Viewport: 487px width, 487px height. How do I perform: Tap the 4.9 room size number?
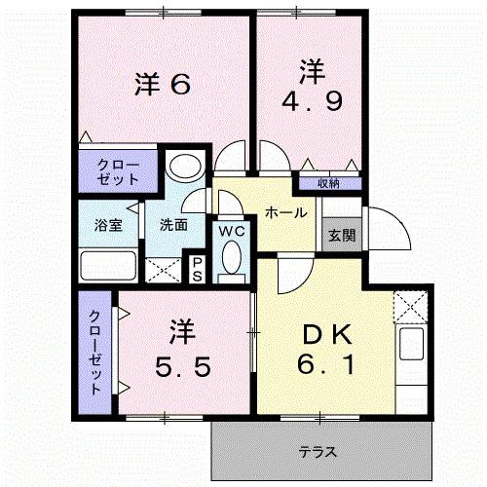tap(311, 101)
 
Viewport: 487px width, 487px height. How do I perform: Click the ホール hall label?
tap(286, 212)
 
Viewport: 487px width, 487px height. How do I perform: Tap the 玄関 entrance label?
tap(341, 235)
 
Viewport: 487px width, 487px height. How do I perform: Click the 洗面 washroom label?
tap(174, 224)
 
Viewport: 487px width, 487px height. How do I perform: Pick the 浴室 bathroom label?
tap(108, 224)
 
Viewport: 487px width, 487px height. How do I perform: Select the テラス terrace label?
tap(318, 451)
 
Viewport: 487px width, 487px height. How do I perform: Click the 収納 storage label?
tap(328, 183)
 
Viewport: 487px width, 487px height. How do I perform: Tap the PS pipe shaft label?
tap(197, 267)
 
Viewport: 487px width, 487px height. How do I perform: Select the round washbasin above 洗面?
tap(182, 168)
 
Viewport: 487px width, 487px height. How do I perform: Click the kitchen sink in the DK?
tap(411, 345)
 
